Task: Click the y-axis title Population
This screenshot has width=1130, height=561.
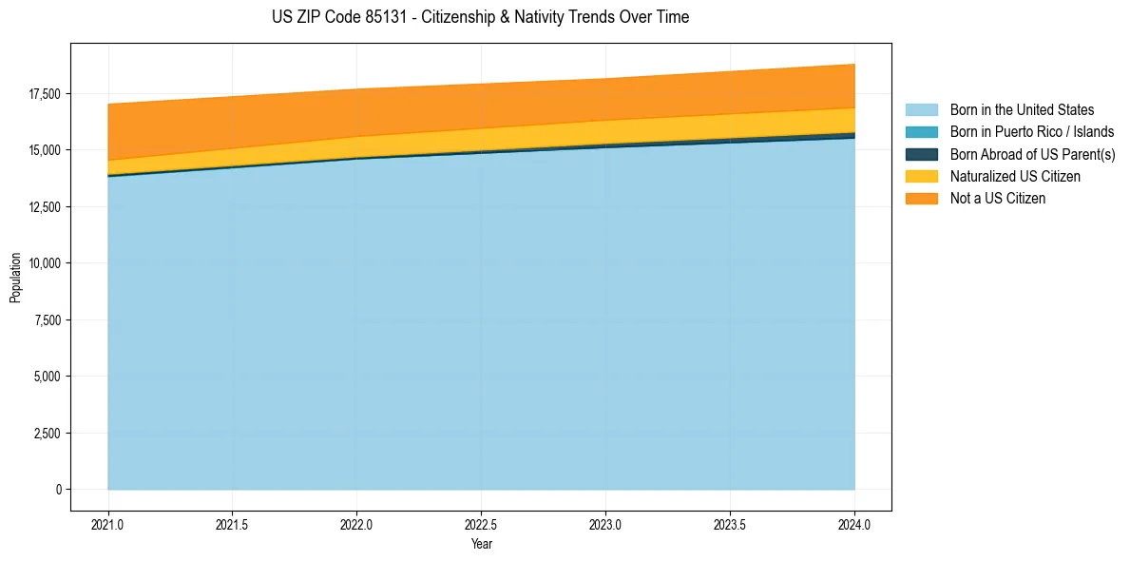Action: point(15,278)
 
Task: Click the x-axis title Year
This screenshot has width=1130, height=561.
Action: point(481,544)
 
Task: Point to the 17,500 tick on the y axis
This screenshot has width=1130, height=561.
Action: point(44,94)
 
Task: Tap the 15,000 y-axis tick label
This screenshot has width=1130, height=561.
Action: point(44,150)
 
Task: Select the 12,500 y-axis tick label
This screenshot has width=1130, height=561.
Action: point(44,207)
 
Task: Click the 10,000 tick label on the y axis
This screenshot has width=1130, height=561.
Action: point(44,263)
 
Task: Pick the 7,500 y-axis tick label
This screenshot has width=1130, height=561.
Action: point(47,320)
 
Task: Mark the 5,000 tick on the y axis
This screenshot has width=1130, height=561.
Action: point(47,377)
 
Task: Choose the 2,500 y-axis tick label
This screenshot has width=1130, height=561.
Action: point(47,434)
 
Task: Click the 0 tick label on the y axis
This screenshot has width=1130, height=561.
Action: point(58,490)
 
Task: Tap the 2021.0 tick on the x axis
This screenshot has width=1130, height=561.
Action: point(108,524)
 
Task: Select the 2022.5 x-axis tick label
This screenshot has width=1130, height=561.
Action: point(481,524)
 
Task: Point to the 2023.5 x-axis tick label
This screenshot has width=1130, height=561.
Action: point(730,524)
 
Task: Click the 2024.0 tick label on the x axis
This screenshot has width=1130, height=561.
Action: point(854,524)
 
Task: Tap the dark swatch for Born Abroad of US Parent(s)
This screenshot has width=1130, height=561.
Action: point(921,154)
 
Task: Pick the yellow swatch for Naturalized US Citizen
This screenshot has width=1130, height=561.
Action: point(921,176)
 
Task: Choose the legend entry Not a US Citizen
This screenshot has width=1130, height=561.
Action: point(997,199)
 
